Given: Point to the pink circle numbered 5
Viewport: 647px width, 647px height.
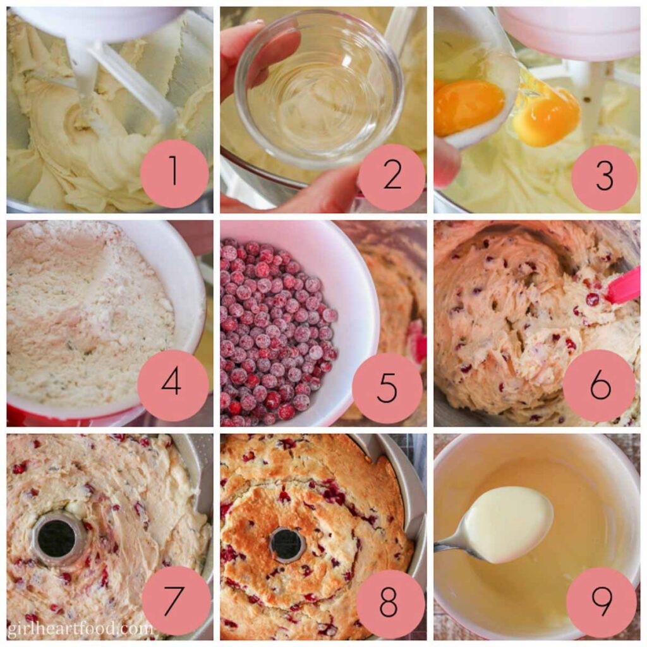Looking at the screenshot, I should (x=387, y=387).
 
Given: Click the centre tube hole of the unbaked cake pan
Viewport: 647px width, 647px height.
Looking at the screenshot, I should (x=57, y=538).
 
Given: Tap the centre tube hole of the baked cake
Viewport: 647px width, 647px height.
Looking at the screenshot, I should (x=287, y=543).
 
